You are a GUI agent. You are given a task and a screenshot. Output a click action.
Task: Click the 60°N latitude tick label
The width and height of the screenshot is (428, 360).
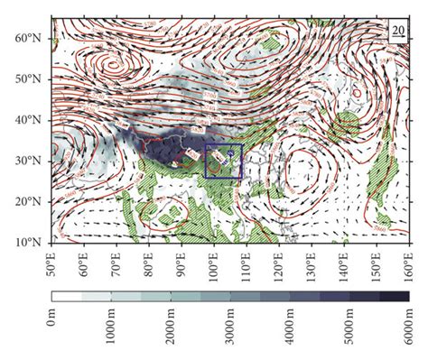point(33,37)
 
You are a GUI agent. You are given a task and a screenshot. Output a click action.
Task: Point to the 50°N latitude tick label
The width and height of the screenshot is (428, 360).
point(33,78)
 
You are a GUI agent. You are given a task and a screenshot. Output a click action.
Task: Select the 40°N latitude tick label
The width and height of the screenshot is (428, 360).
point(33,120)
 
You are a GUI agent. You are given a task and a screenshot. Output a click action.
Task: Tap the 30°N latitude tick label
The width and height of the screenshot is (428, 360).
point(33,161)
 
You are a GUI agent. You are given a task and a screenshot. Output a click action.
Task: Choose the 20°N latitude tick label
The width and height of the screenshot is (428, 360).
point(33,202)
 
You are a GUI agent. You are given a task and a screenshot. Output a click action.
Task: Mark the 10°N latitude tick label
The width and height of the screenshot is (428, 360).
point(33,243)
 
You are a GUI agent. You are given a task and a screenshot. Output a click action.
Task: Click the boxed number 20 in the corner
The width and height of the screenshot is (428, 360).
point(398,31)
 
